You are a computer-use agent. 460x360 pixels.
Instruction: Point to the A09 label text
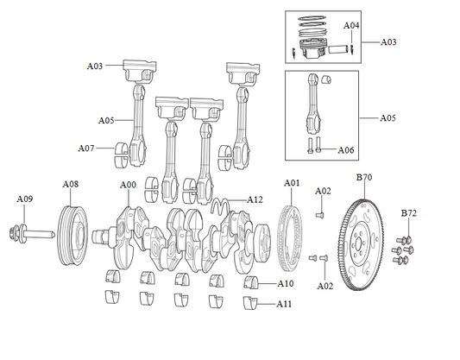coord(25,199)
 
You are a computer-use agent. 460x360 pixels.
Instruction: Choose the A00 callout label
coord(128,185)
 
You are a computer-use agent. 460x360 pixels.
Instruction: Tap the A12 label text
coord(255,199)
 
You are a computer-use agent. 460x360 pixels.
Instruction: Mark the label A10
coord(286,283)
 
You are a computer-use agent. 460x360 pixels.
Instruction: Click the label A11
coord(286,304)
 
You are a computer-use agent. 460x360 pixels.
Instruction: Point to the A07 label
coord(85,148)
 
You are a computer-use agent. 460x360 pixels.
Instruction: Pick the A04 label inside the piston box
coord(351,26)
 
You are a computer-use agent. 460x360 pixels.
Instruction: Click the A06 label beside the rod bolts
coord(346,150)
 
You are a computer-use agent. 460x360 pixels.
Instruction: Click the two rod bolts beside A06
coord(313,146)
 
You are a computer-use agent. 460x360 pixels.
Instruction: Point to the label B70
coord(364,177)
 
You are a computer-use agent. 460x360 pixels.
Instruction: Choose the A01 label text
coord(292,183)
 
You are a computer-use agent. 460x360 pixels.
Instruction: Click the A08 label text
coord(71,184)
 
